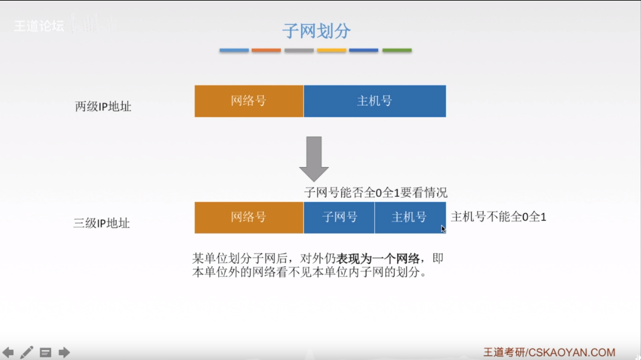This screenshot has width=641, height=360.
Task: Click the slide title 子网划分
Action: pos(316,31)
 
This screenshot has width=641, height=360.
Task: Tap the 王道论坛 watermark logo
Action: pos(40,26)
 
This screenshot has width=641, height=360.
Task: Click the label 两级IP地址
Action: pos(103,107)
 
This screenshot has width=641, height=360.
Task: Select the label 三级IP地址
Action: pos(101,223)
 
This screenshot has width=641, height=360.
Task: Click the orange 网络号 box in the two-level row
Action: pos(249,101)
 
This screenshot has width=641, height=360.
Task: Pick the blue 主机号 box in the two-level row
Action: pos(374,101)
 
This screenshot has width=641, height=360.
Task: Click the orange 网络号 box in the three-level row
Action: pos(249,217)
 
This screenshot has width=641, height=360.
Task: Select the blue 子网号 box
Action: pos(339,217)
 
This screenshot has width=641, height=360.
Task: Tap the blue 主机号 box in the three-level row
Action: pos(410,217)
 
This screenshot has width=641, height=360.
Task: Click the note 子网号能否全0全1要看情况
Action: pos(376,192)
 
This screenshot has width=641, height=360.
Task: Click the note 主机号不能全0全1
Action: pos(498,217)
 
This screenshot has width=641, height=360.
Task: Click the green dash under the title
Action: pos(397,51)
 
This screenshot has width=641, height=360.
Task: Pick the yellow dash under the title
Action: pos(331,51)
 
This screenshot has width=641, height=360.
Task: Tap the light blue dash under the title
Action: pos(234,51)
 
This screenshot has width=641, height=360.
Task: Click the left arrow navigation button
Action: pos(8,352)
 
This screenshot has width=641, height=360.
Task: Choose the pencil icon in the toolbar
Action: pos(27,352)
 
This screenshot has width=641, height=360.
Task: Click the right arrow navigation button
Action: pos(64,352)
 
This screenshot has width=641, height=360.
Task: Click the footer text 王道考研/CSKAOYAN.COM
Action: pos(549,352)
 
